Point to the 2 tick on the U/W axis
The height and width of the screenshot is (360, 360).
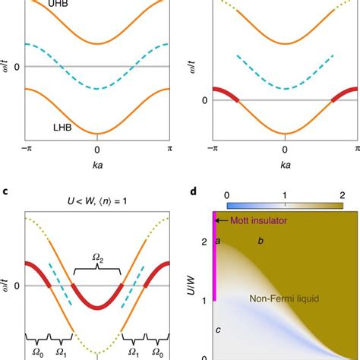tap(204, 242)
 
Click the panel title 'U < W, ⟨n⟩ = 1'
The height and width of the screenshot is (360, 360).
tap(96, 203)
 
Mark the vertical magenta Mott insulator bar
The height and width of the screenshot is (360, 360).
tap(214, 258)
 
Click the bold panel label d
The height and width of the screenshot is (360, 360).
tap(195, 191)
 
